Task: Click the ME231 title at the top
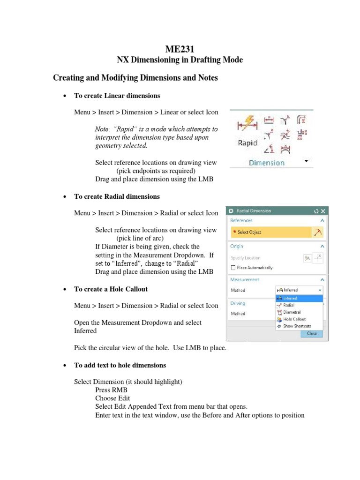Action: (180, 48)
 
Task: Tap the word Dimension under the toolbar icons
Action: (266, 163)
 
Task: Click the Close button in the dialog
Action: (312, 334)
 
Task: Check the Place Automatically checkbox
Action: (233, 268)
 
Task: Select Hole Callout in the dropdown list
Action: (294, 319)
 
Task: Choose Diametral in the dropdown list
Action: (292, 312)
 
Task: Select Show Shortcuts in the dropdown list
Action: (297, 326)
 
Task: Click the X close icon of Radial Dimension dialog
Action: (322, 211)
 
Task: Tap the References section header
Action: (241, 220)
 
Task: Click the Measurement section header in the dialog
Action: (245, 279)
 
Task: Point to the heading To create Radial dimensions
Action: (117, 196)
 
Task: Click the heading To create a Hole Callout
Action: (111, 289)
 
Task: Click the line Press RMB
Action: (111, 390)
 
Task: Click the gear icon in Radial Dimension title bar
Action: (231, 211)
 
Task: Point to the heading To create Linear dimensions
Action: (117, 96)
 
